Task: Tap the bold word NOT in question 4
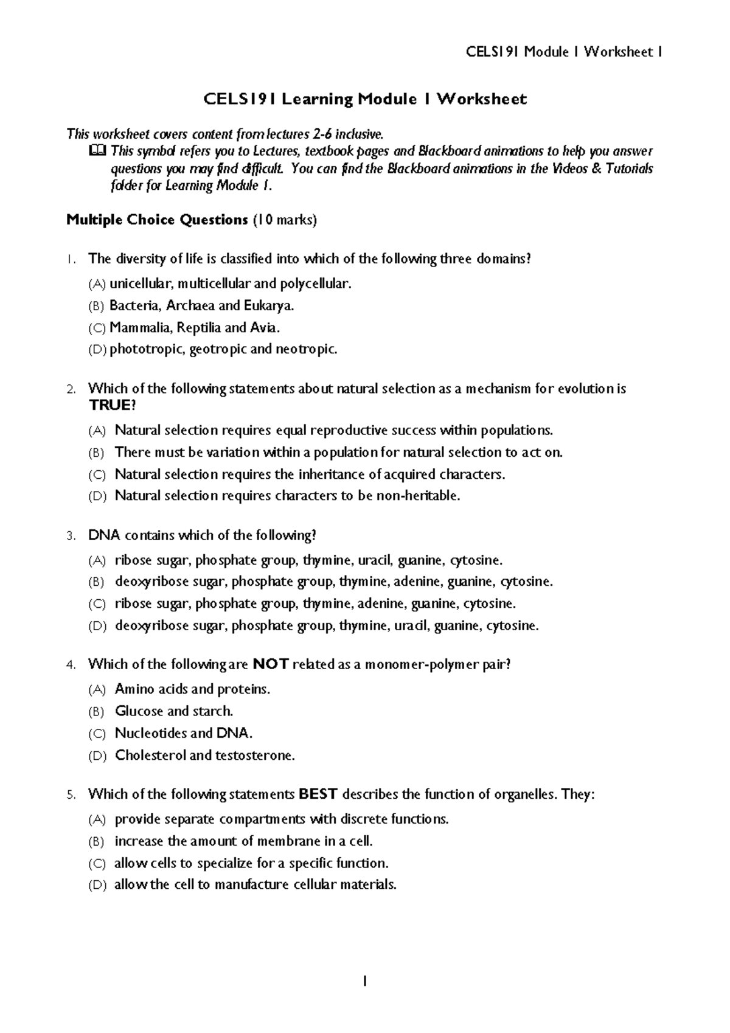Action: [270, 664]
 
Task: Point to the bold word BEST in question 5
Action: [319, 794]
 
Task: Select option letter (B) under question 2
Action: [97, 453]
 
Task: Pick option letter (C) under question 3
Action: [97, 604]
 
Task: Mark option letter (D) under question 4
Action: [97, 756]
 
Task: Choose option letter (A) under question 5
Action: [97, 820]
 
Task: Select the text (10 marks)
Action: [285, 220]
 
